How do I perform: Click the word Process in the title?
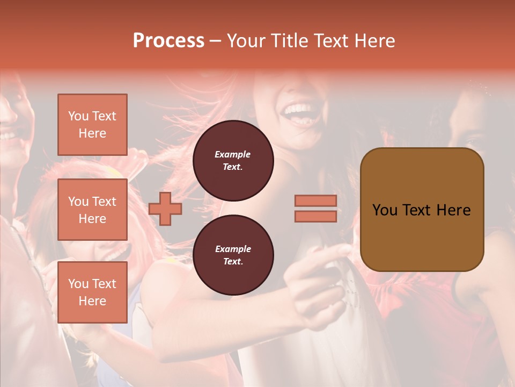tap(168, 41)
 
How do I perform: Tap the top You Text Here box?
tap(92, 125)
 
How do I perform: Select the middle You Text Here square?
tap(92, 210)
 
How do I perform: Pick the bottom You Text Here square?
tap(92, 292)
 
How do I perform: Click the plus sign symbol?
tap(165, 209)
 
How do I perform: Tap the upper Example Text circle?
tap(233, 161)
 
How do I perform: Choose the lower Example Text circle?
tap(233, 255)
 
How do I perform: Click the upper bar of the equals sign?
tap(315, 200)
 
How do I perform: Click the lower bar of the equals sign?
tap(315, 216)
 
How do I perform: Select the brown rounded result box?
tap(422, 210)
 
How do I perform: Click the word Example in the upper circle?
tap(232, 154)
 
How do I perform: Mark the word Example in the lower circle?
tap(233, 249)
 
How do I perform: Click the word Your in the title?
tap(246, 41)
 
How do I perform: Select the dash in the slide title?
tap(216, 41)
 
